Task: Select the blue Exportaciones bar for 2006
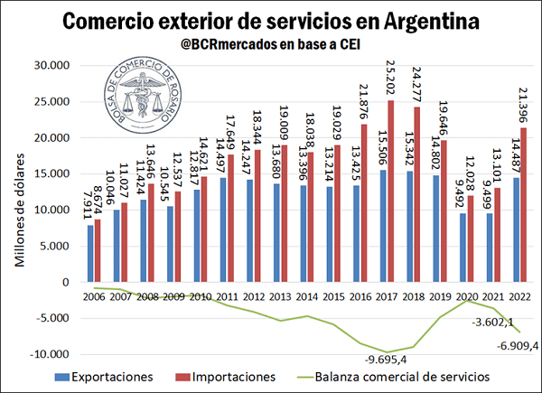(90, 254)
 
